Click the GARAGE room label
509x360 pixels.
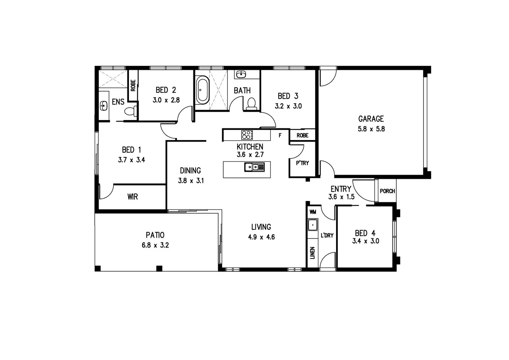(371, 119)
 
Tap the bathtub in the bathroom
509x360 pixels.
(202, 90)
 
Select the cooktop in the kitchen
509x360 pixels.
(247, 135)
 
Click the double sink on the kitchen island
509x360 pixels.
(254, 167)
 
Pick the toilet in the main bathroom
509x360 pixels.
(251, 104)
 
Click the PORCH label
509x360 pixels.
(387, 191)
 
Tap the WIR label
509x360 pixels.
(133, 197)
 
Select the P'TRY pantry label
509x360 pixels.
(302, 163)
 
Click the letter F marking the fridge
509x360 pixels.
(280, 135)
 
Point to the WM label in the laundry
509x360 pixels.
(312, 212)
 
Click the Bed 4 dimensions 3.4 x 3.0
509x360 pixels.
(365, 241)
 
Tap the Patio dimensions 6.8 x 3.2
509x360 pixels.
(155, 245)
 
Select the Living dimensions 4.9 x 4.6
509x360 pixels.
(261, 237)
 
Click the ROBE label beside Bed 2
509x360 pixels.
(133, 85)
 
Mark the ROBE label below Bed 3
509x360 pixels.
(302, 135)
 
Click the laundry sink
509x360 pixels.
(313, 225)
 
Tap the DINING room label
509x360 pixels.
(190, 171)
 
